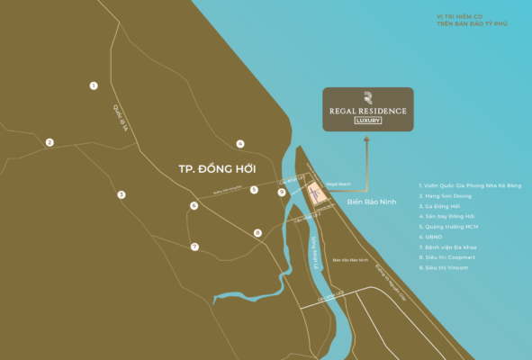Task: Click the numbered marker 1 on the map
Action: coord(94,85)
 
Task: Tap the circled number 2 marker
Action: coord(50,142)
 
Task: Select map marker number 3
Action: coord(121,194)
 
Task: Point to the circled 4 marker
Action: coord(240,144)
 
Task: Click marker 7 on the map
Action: coord(194,247)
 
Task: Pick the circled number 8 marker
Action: coord(257,233)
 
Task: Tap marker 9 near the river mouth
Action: coord(282,192)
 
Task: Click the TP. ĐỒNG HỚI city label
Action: coord(217,169)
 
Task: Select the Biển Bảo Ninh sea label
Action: coord(371,203)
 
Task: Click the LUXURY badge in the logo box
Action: coord(368,121)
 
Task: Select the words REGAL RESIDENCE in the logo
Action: coord(368,111)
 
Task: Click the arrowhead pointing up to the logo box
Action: coord(368,137)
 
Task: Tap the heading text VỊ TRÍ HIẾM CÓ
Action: coord(459,15)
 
